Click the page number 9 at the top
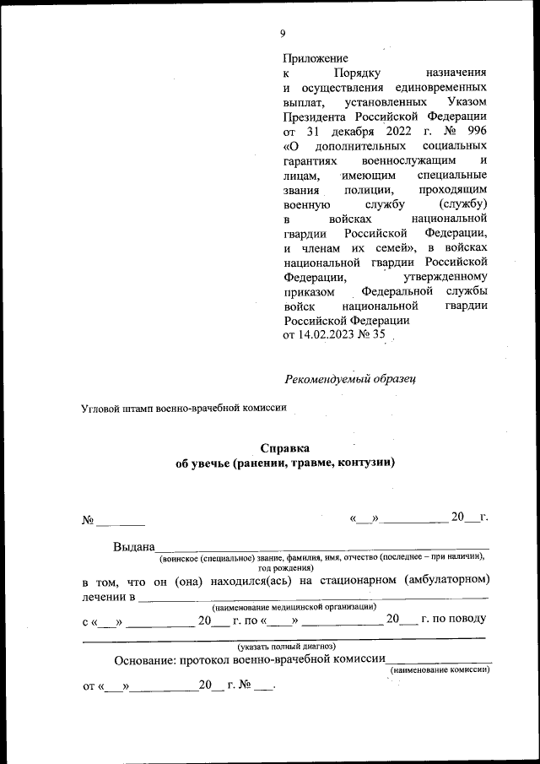pos(283,34)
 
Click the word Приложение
pos(316,58)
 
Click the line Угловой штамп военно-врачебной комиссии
pos(184,408)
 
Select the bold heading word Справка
pos(284,448)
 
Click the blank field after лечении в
pos(312,599)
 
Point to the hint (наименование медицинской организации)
pos(293,607)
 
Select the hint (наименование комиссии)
pos(439,669)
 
